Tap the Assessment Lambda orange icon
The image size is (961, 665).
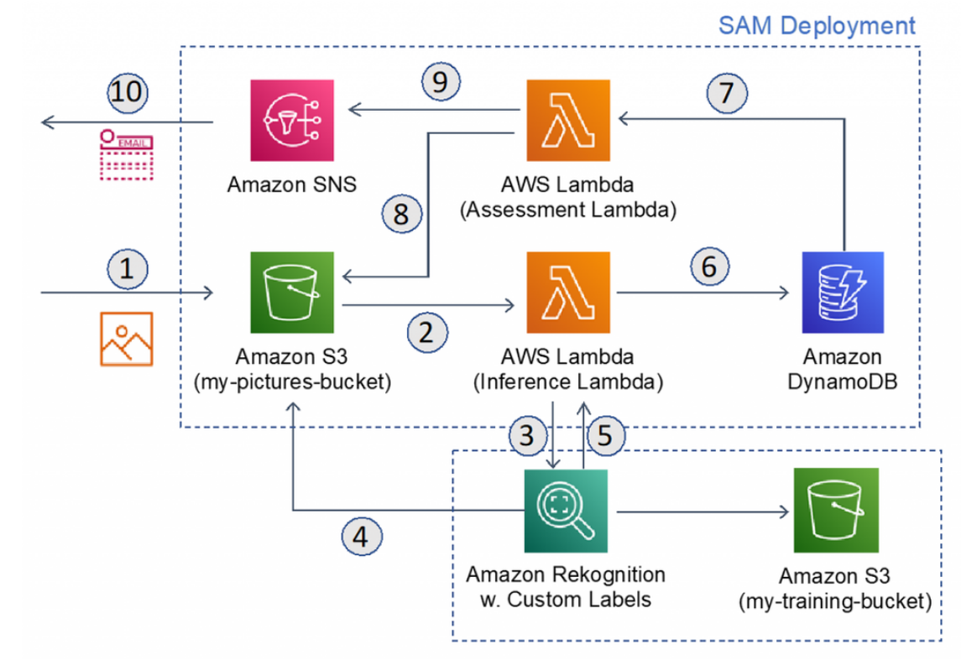pos(568,120)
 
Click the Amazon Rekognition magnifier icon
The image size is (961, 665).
pos(566,511)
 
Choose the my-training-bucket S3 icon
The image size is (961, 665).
pos(836,511)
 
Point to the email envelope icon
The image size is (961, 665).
pos(126,154)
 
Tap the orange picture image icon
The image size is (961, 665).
pos(126,339)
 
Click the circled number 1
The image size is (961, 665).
pos(127,270)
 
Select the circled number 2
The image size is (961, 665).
pos(427,333)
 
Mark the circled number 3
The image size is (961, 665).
pos(528,435)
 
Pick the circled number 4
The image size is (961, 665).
pos(362,537)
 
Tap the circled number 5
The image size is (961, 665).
pos(607,435)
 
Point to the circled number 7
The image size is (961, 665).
pos(725,91)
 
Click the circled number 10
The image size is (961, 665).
pos(128,93)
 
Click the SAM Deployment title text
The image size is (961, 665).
pos(817,25)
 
